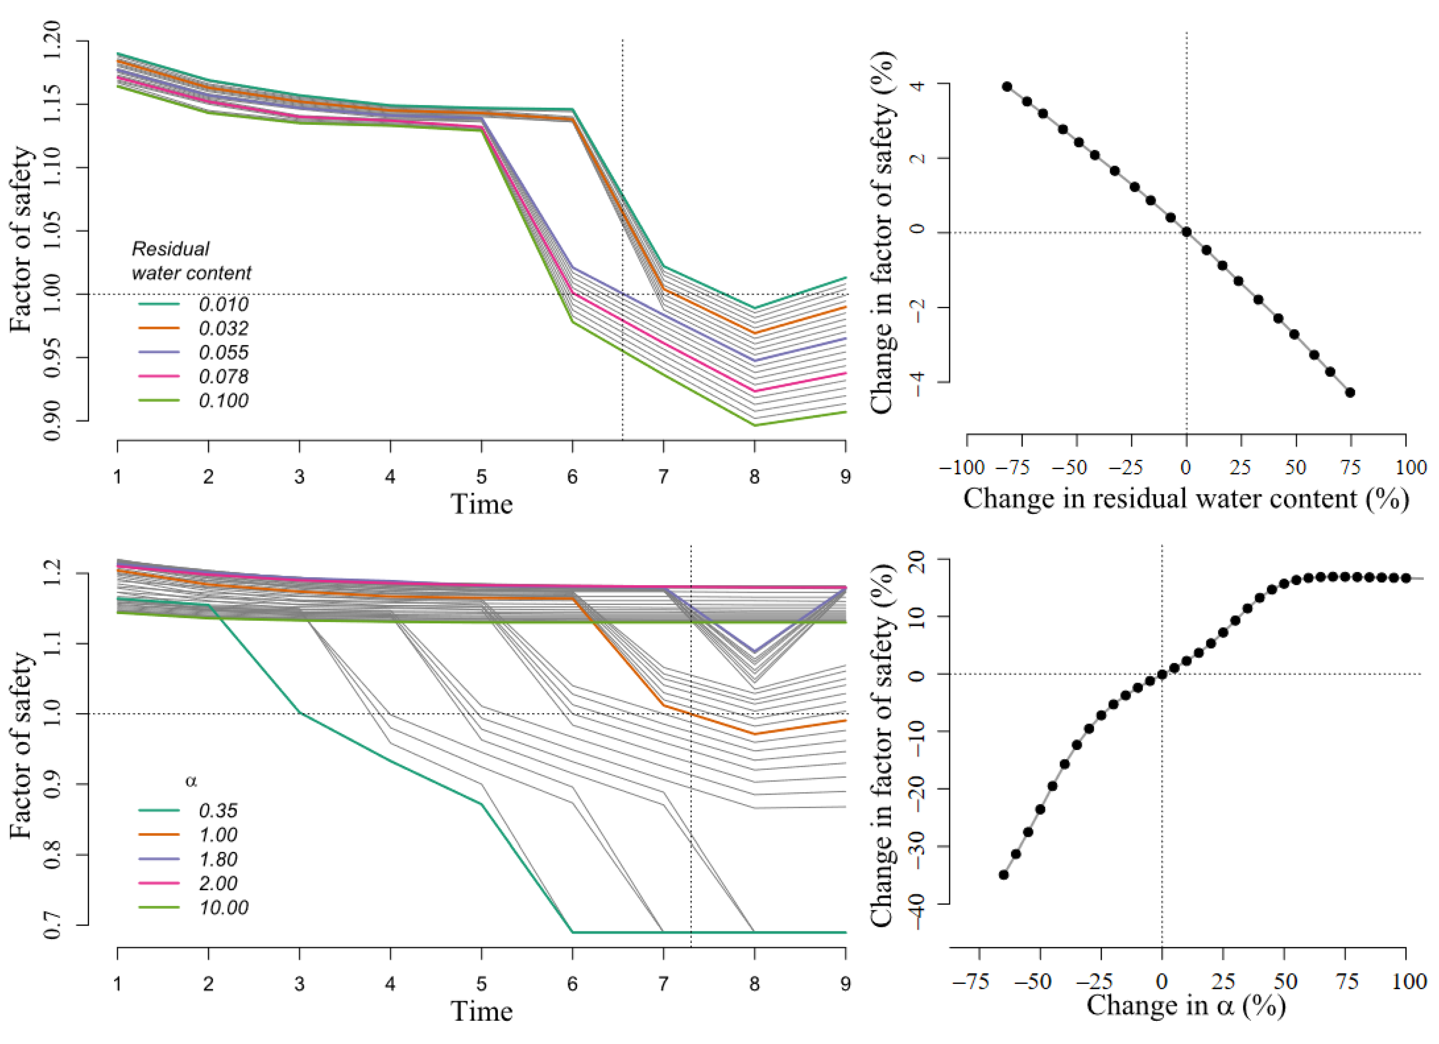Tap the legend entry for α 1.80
(218, 859)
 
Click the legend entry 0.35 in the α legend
(218, 811)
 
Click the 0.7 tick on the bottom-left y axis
(53, 925)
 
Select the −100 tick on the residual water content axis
(962, 468)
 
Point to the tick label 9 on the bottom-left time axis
(845, 984)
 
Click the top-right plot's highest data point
(1007, 87)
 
